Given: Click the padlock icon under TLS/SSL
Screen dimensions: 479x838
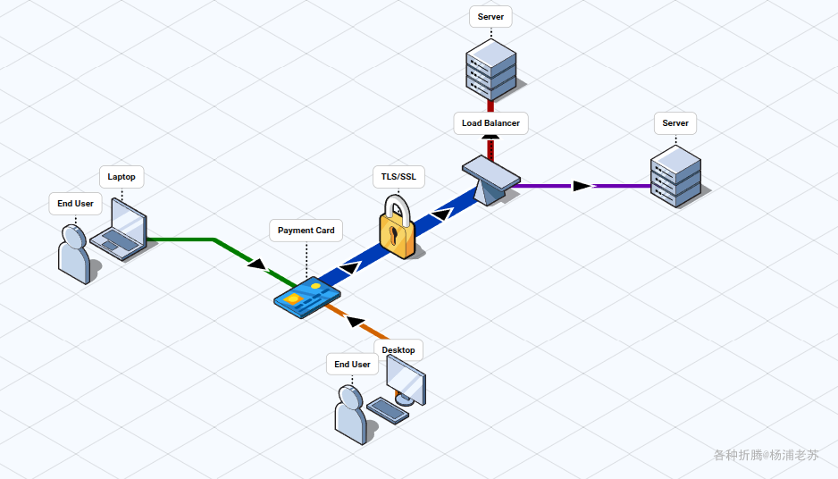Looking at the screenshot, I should coord(398,231).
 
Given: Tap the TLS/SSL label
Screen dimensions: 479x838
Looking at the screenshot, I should coord(398,177).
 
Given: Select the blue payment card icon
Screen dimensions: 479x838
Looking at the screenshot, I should coord(306,298).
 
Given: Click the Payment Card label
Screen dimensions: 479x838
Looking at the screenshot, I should coord(306,231).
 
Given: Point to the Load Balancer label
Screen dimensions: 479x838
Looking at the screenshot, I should coord(490,123).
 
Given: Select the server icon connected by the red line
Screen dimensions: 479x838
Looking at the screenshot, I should coord(491,68).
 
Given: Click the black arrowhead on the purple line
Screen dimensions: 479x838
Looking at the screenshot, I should coord(582,186).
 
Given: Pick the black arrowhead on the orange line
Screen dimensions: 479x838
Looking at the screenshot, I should coord(356,321).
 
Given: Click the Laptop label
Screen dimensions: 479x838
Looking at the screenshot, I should coord(122,177).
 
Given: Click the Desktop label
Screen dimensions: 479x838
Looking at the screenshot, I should coord(398,349).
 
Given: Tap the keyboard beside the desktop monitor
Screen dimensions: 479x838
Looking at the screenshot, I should coord(389,410).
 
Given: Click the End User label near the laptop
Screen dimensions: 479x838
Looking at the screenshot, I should coord(75,204).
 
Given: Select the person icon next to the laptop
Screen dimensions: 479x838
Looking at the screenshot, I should coord(73,255).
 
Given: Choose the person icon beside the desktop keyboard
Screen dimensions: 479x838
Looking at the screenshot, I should coord(350,416).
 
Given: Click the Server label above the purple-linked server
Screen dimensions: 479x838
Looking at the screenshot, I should coord(675,123).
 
